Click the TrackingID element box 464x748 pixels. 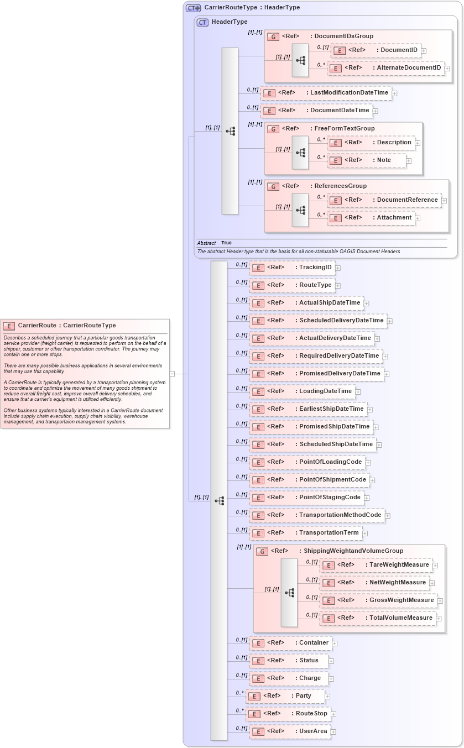(292, 268)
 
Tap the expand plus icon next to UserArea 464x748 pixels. (333, 731)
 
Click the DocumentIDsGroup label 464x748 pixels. (343, 36)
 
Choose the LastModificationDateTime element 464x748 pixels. (326, 93)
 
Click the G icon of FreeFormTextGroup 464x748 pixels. (273, 129)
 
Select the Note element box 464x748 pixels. (367, 160)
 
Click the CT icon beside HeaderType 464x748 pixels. (202, 22)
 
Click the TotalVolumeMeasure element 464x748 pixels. (378, 618)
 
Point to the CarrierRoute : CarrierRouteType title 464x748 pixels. (67, 326)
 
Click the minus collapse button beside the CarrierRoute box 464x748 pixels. (172, 374)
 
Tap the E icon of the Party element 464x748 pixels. (253, 696)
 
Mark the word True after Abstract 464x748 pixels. (226, 243)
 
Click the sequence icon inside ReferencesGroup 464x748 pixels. (300, 210)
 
